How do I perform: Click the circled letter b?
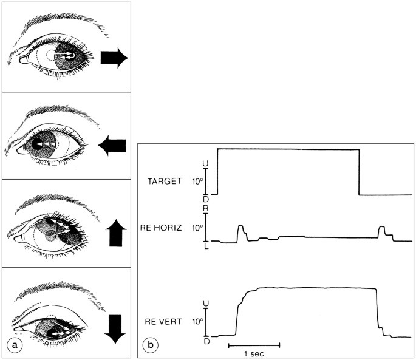pos(151,345)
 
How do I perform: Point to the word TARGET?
pos(166,181)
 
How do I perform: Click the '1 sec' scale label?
pos(254,353)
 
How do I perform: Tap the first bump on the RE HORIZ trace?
pos(241,230)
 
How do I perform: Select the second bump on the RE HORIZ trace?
pos(383,231)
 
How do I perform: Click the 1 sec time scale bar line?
pos(254,345)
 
